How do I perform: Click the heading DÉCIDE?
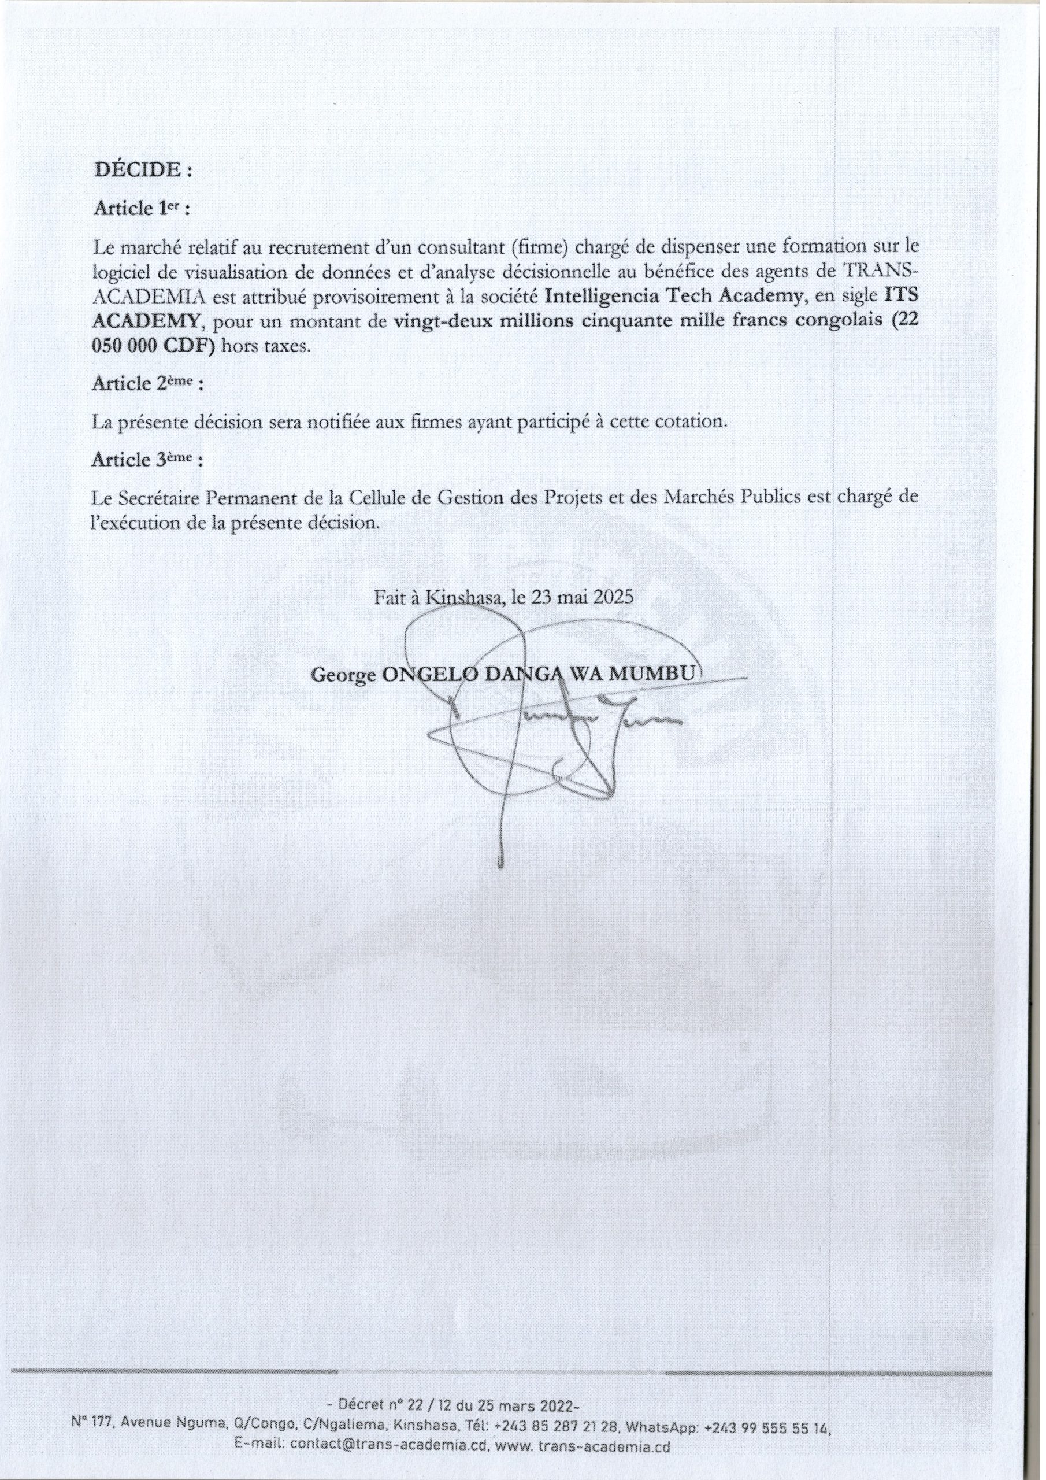pyautogui.click(x=143, y=170)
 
